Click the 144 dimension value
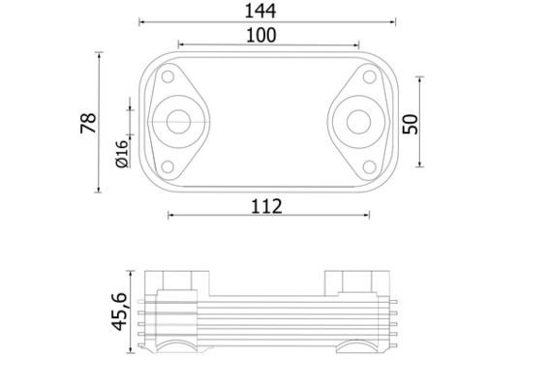[260, 11]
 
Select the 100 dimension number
[261, 36]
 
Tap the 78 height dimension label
[88, 123]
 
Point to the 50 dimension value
[411, 124]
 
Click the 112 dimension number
[266, 206]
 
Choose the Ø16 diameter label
[122, 154]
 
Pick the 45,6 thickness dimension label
[119, 312]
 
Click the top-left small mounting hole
[168, 76]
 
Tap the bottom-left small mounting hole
[168, 167]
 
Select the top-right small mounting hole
[369, 76]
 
